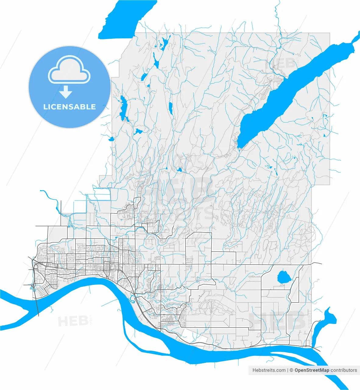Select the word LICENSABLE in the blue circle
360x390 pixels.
coord(69,107)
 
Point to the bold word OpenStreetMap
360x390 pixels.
coord(312,370)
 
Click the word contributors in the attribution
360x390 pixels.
coord(344,370)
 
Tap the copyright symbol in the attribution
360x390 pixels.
coord(291,370)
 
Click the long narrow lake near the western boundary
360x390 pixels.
coord(124,108)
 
